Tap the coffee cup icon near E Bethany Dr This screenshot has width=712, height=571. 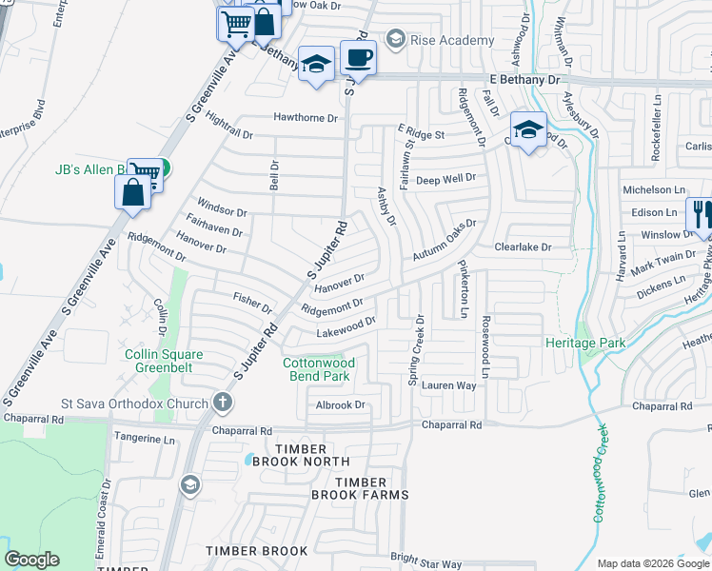click(x=358, y=57)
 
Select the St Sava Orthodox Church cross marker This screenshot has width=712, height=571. click(x=222, y=403)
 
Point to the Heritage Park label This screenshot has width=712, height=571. click(x=584, y=342)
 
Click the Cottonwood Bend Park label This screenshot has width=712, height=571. click(x=318, y=369)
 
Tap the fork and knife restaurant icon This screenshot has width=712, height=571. click(x=702, y=216)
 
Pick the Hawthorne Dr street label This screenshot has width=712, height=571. click(x=307, y=118)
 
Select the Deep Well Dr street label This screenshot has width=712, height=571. click(x=445, y=179)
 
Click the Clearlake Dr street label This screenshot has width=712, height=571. click(x=523, y=246)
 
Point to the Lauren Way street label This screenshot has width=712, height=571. click(x=448, y=385)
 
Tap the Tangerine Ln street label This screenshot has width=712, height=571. click(x=145, y=440)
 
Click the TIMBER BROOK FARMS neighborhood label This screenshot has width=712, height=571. click(x=360, y=489)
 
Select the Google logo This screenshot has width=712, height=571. click(x=31, y=560)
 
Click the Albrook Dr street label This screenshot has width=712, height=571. click(x=340, y=404)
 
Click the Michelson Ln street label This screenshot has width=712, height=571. click(x=653, y=190)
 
